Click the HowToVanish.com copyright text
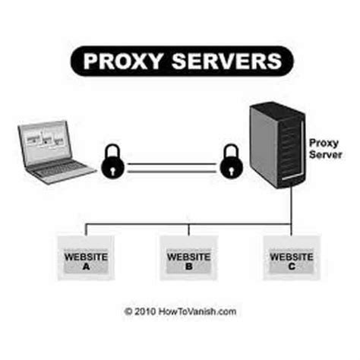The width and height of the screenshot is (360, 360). pos(197,311)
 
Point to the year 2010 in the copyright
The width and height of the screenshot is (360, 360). pos(145,311)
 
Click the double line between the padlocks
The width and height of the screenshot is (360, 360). pos(170,166)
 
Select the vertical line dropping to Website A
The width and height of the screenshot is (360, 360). pos(86,229)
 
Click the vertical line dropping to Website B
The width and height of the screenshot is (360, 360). pos(188,229)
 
